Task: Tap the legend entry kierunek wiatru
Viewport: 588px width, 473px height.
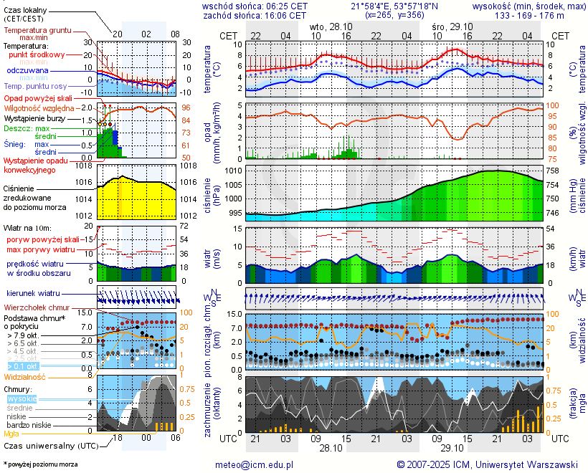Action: click(33, 294)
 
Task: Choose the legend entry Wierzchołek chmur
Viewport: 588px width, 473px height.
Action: click(39, 307)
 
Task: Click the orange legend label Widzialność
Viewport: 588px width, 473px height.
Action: click(26, 376)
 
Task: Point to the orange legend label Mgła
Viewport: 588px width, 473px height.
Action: click(11, 434)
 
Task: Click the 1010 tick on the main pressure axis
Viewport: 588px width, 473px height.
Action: click(234, 171)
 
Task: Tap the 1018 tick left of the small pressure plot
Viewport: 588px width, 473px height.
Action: click(84, 166)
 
